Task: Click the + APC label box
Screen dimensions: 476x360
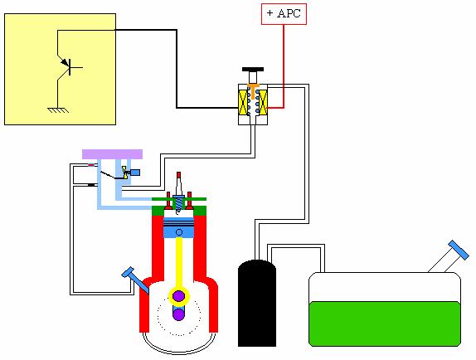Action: point(284,14)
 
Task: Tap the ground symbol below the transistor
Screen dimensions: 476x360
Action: point(58,109)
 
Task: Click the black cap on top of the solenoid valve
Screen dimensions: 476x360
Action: point(253,69)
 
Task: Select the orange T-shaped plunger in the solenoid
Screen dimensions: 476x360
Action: point(253,90)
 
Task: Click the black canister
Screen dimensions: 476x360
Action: point(257,303)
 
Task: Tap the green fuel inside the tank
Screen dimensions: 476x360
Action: point(385,324)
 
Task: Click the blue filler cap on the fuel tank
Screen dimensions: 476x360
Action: point(459,251)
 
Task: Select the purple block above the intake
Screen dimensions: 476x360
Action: point(112,154)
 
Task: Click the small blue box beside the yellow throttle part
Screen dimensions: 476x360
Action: point(135,173)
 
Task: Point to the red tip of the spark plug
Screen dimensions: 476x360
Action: point(179,175)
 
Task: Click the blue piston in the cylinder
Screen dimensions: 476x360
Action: point(179,227)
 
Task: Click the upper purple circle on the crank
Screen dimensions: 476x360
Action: point(179,296)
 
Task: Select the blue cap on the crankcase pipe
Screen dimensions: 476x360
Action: point(128,272)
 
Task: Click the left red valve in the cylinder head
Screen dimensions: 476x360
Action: point(168,201)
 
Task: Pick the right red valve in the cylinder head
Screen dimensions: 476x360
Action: point(189,201)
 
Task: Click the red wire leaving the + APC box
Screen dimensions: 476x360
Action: point(284,66)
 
